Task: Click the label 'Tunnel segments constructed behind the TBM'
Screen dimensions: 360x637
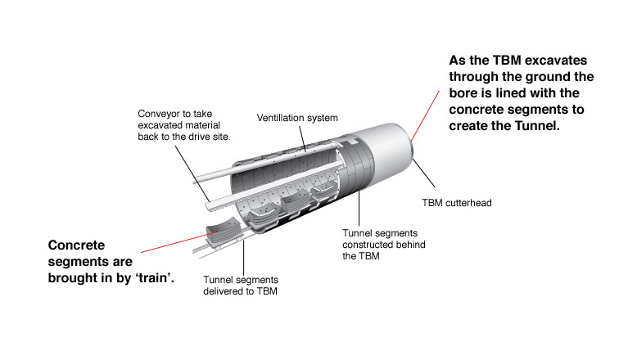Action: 382,244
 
